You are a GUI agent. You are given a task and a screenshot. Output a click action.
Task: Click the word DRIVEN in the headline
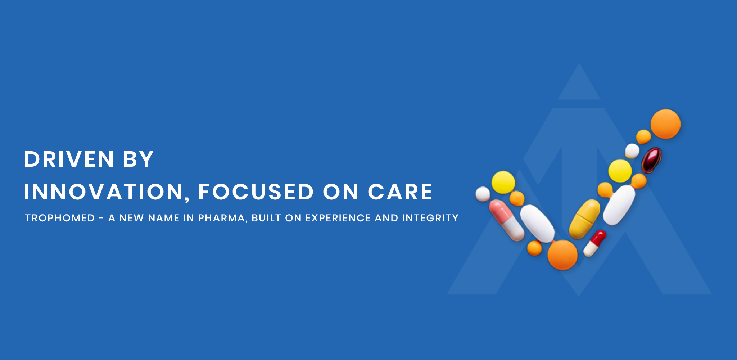pyautogui.click(x=69, y=159)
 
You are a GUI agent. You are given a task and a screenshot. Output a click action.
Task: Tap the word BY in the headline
pyautogui.click(x=139, y=159)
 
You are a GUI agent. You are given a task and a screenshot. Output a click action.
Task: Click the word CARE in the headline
pyautogui.click(x=400, y=192)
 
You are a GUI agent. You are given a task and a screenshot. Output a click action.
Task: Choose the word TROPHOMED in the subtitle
pyautogui.click(x=60, y=218)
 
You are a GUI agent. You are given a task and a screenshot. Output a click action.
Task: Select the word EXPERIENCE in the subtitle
pyautogui.click(x=338, y=218)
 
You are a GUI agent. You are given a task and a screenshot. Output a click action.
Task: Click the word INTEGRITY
pyautogui.click(x=430, y=218)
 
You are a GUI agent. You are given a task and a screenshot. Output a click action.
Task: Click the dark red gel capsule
pyautogui.click(x=651, y=160)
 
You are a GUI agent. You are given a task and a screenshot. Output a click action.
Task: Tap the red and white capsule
pyautogui.click(x=594, y=243)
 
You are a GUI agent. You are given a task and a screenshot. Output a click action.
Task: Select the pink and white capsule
pyautogui.click(x=506, y=220)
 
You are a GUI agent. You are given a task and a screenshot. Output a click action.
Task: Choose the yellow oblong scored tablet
pyautogui.click(x=585, y=219)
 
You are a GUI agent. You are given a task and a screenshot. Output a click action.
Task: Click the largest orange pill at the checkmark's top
pyautogui.click(x=665, y=124)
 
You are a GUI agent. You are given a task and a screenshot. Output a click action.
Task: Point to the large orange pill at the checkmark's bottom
pyautogui.click(x=562, y=255)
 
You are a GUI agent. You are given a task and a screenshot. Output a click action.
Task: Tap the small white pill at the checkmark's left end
pyautogui.click(x=483, y=194)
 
